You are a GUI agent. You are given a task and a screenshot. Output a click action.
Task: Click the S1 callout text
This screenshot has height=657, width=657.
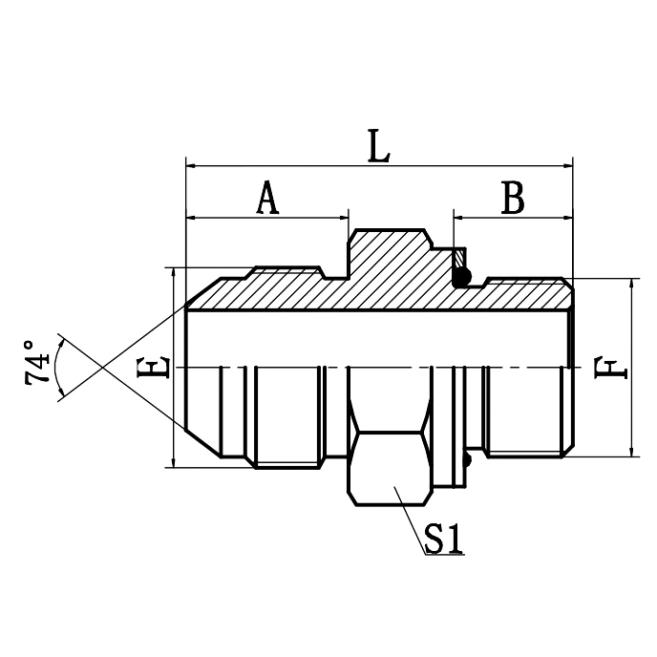(444, 541)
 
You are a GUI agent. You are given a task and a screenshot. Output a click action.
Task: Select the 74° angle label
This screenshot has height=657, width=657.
(38, 362)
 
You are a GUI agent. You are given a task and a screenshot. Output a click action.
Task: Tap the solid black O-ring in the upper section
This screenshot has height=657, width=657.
(461, 278)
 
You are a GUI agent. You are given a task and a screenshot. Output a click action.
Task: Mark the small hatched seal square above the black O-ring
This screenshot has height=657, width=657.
(460, 259)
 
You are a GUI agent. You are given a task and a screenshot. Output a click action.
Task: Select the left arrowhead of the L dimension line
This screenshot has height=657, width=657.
(191, 164)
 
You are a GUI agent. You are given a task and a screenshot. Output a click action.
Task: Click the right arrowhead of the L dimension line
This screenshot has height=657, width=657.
(566, 164)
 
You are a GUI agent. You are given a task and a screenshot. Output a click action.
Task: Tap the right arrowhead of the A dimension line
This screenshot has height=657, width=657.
(344, 217)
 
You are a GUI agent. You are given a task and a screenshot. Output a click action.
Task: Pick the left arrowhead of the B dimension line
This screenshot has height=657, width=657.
(458, 217)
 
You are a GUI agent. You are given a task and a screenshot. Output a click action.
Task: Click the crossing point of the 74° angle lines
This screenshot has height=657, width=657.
(100, 367)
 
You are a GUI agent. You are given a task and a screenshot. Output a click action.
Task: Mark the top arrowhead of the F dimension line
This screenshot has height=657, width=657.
(632, 285)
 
